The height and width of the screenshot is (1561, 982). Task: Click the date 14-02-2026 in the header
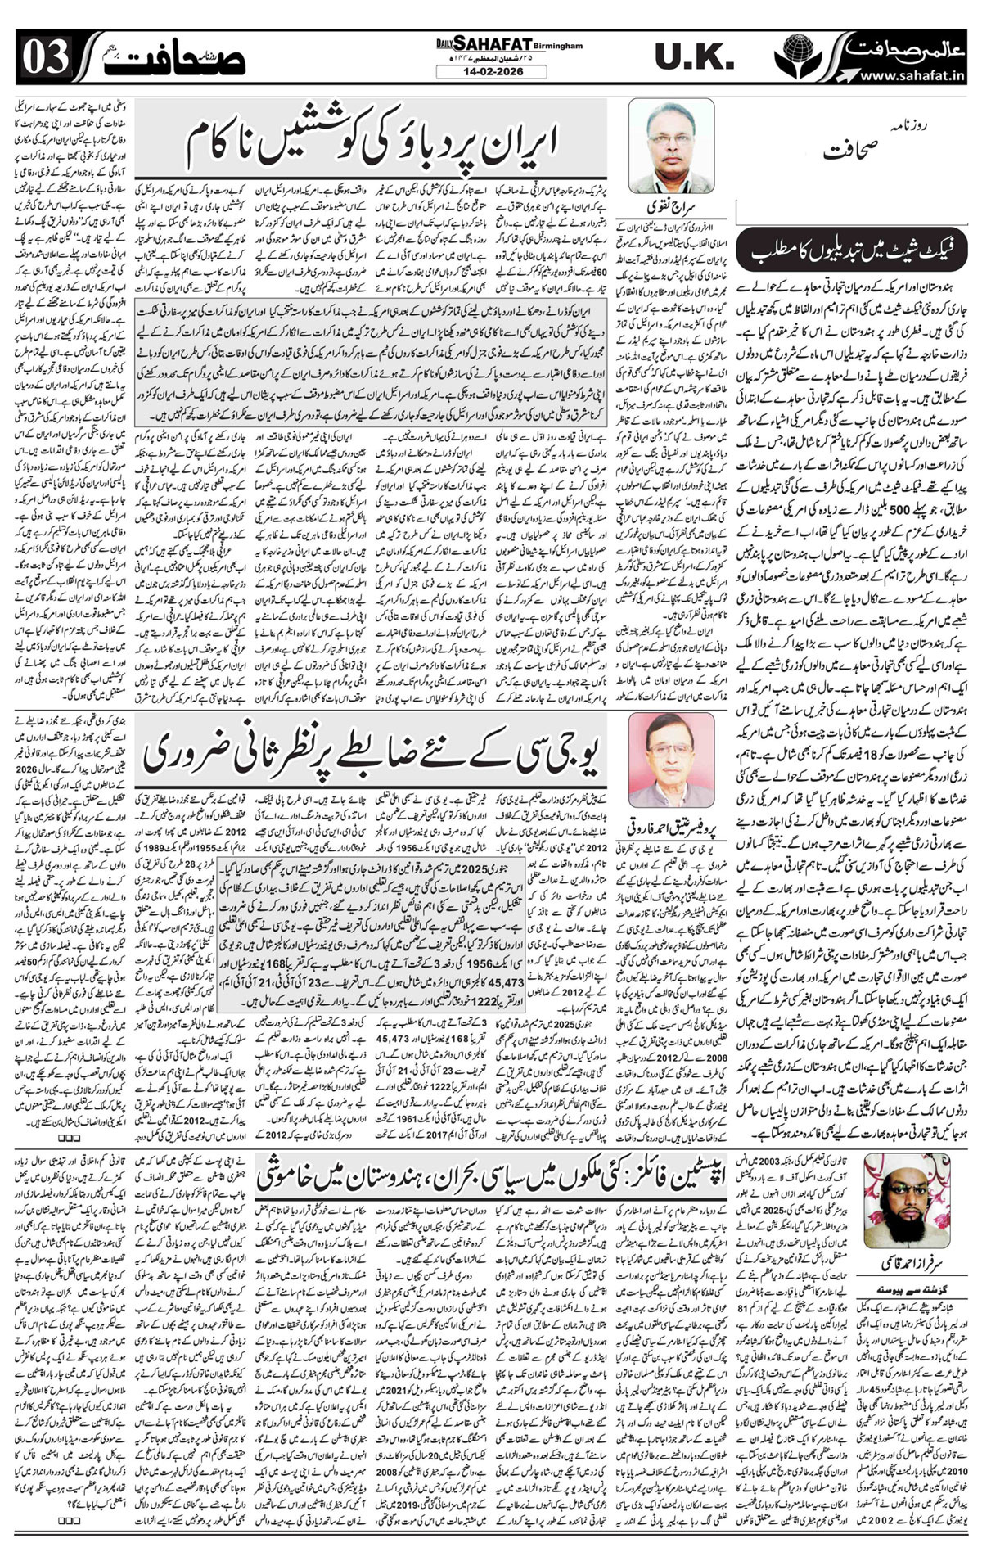(491, 72)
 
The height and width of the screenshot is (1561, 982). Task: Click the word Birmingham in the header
(556, 47)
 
